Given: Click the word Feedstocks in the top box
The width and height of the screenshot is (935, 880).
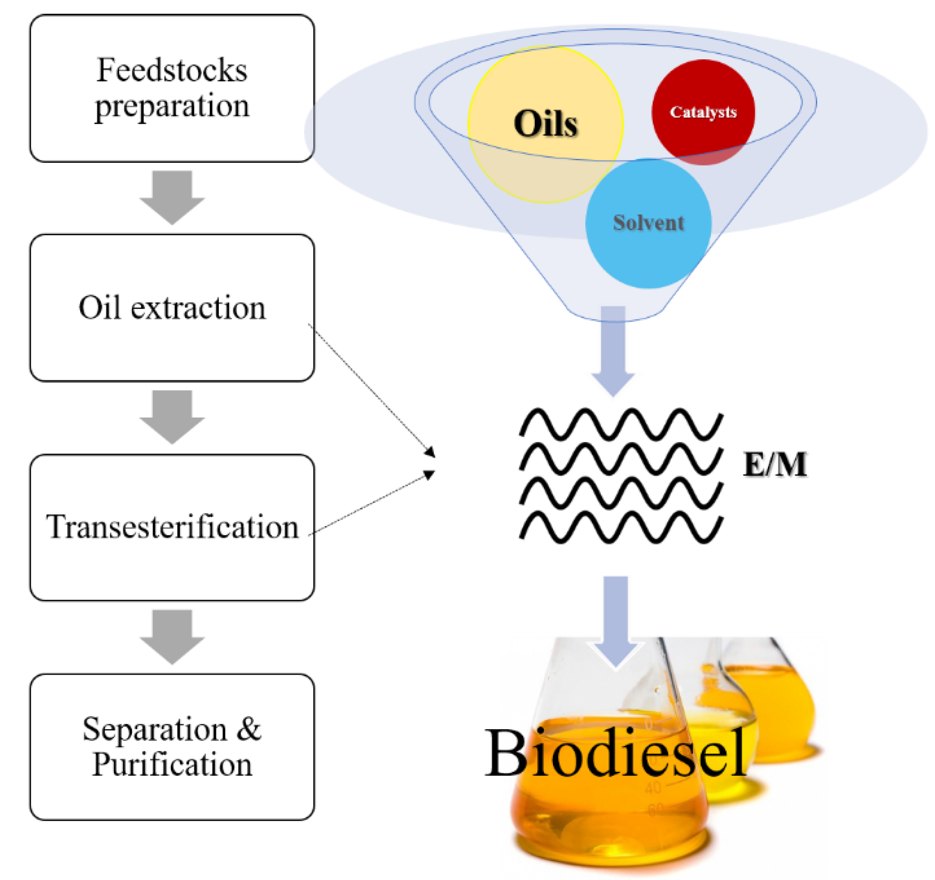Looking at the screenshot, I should (x=172, y=70).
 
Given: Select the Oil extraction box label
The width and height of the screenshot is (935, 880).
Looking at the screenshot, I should (x=172, y=308).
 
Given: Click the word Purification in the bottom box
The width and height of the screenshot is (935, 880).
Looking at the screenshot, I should (x=172, y=765).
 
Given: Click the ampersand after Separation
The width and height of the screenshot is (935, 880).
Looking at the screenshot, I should (x=249, y=729).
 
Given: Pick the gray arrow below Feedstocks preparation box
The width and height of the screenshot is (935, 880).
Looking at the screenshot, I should (x=172, y=197).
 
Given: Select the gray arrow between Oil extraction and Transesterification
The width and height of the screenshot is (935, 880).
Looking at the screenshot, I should (x=172, y=417).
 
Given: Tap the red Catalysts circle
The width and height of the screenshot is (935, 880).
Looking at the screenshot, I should (x=703, y=112).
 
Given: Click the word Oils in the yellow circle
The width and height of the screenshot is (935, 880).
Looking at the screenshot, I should (x=545, y=124).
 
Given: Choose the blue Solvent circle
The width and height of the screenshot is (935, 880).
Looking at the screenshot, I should (x=648, y=223).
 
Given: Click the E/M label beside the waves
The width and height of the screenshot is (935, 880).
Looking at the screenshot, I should (x=775, y=464).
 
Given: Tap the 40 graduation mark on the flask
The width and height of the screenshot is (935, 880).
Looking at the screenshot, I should (x=653, y=788).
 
